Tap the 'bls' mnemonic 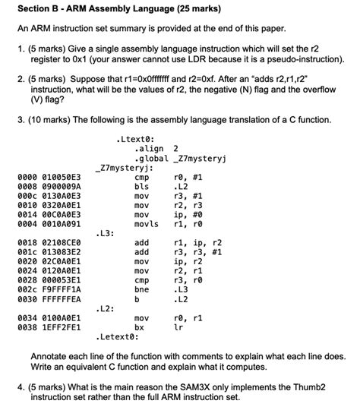point(141,186)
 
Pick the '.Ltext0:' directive point(135,139)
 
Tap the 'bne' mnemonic point(141,289)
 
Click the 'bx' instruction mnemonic point(139,326)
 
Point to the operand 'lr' point(178,326)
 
